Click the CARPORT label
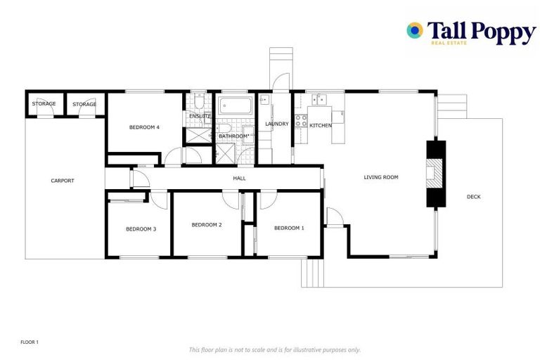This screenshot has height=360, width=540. (62, 181)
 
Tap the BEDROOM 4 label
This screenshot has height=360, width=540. (144, 127)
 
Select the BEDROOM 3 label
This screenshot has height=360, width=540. (141, 229)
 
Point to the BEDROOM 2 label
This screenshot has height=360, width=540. (207, 225)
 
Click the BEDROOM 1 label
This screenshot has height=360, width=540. (289, 228)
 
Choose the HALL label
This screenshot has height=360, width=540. (239, 179)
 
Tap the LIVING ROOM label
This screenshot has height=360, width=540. (380, 177)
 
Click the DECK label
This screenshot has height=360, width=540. (473, 197)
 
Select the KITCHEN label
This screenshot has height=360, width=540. (321, 125)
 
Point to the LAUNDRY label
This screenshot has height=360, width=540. (276, 124)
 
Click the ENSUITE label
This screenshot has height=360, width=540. (199, 116)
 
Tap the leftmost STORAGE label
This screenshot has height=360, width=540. (44, 104)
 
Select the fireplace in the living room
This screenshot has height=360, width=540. (436, 174)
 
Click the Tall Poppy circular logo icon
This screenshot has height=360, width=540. (415, 30)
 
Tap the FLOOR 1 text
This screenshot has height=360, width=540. (29, 342)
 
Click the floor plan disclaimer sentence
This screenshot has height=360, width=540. (274, 349)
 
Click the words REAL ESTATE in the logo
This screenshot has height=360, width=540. (449, 44)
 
